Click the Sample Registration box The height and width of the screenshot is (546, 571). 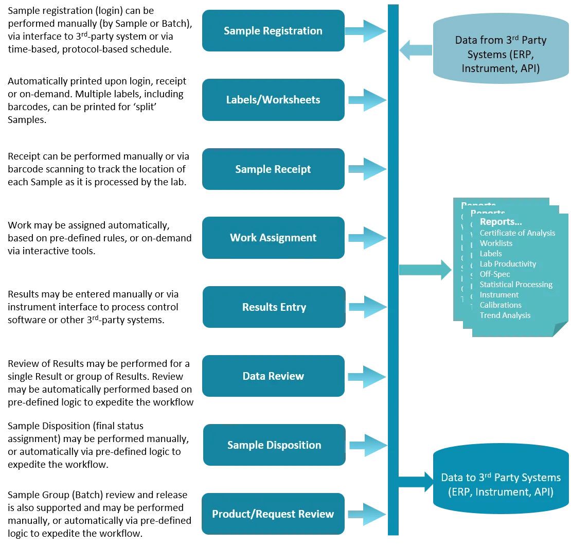point(273,31)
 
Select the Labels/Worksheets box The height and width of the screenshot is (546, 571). point(273,100)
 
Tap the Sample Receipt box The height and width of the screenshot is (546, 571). point(273,169)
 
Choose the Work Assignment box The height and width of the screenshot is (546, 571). point(273,238)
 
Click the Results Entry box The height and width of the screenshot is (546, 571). point(273,307)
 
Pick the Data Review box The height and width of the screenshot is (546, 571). point(273,376)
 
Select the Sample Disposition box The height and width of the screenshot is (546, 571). point(273,445)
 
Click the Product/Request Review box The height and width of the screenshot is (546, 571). point(273,514)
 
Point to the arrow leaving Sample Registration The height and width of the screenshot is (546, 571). point(366,31)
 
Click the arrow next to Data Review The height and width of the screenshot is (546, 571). point(366,376)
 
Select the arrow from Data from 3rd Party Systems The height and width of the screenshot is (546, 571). point(416,50)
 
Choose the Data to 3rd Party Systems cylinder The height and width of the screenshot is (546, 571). point(501,484)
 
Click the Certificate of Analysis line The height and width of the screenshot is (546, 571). point(517,233)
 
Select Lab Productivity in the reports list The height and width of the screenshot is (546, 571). point(508,264)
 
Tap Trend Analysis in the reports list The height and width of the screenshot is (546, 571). point(505,315)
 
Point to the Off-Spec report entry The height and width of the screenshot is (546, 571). point(494,274)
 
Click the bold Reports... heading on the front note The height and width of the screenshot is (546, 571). point(501,222)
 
